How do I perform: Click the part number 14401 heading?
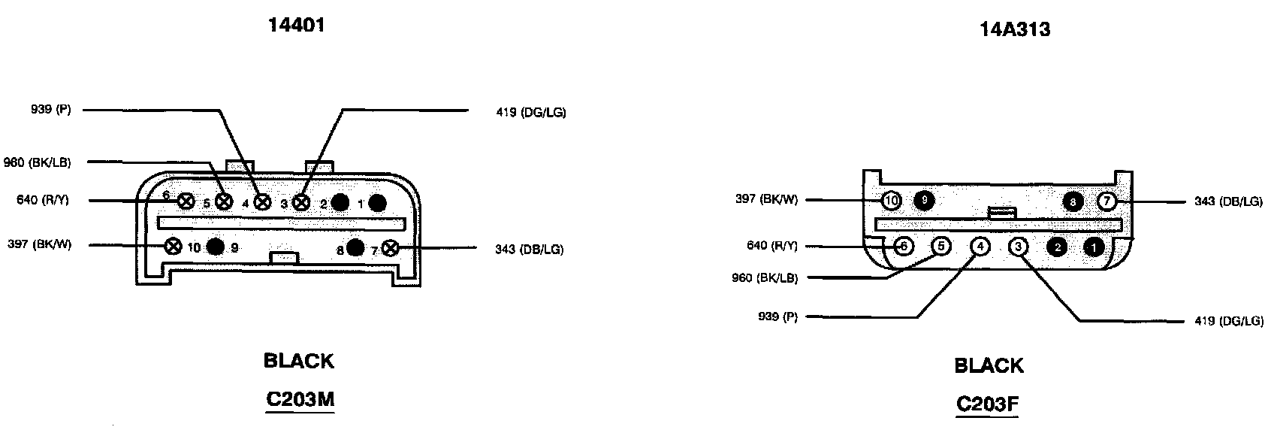coord(297,25)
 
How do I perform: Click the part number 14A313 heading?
coord(1014,29)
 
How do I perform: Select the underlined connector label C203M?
coord(299,400)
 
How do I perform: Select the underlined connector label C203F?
coord(987,404)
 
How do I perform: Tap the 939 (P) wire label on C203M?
coord(51,110)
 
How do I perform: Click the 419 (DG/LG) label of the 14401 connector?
coord(531,113)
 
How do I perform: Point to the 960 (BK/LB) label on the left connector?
coord(37,162)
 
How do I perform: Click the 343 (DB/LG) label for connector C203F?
coord(1228,201)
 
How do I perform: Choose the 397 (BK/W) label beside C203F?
coord(767,199)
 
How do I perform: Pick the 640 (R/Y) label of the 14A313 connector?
coord(773,245)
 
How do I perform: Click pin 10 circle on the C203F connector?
coord(891,201)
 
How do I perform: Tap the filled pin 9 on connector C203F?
coord(923,201)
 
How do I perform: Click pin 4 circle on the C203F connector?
coord(980,247)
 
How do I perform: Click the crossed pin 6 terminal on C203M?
coord(186,201)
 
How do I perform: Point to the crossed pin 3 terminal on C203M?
coord(300,201)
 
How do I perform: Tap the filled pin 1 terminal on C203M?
coord(377,201)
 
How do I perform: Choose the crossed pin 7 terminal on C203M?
coord(390,247)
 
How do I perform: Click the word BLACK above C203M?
coord(298,361)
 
